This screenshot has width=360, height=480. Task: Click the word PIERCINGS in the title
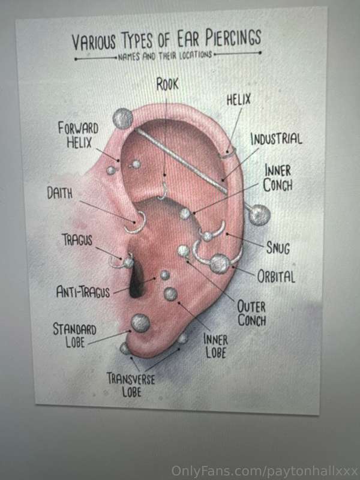point(233,38)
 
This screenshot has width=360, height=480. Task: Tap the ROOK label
point(167,84)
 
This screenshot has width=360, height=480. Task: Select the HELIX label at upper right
point(238,100)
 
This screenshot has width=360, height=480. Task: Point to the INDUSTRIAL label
point(276,139)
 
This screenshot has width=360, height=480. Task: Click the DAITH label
point(60,193)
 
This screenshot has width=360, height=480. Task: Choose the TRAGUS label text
point(77,239)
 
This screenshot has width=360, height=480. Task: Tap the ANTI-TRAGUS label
point(83,292)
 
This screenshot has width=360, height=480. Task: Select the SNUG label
point(278,247)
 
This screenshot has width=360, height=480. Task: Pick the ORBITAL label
point(276,277)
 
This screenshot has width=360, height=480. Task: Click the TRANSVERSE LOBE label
point(131,385)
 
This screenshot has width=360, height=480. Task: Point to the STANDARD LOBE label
point(74,335)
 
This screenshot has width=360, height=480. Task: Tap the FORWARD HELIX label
point(79,134)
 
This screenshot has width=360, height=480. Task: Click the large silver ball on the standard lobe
point(140,323)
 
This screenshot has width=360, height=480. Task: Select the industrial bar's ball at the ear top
point(123,118)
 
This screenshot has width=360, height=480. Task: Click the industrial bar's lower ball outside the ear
point(259,215)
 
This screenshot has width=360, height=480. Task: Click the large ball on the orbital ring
point(220,263)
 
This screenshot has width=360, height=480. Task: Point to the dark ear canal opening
point(137,281)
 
